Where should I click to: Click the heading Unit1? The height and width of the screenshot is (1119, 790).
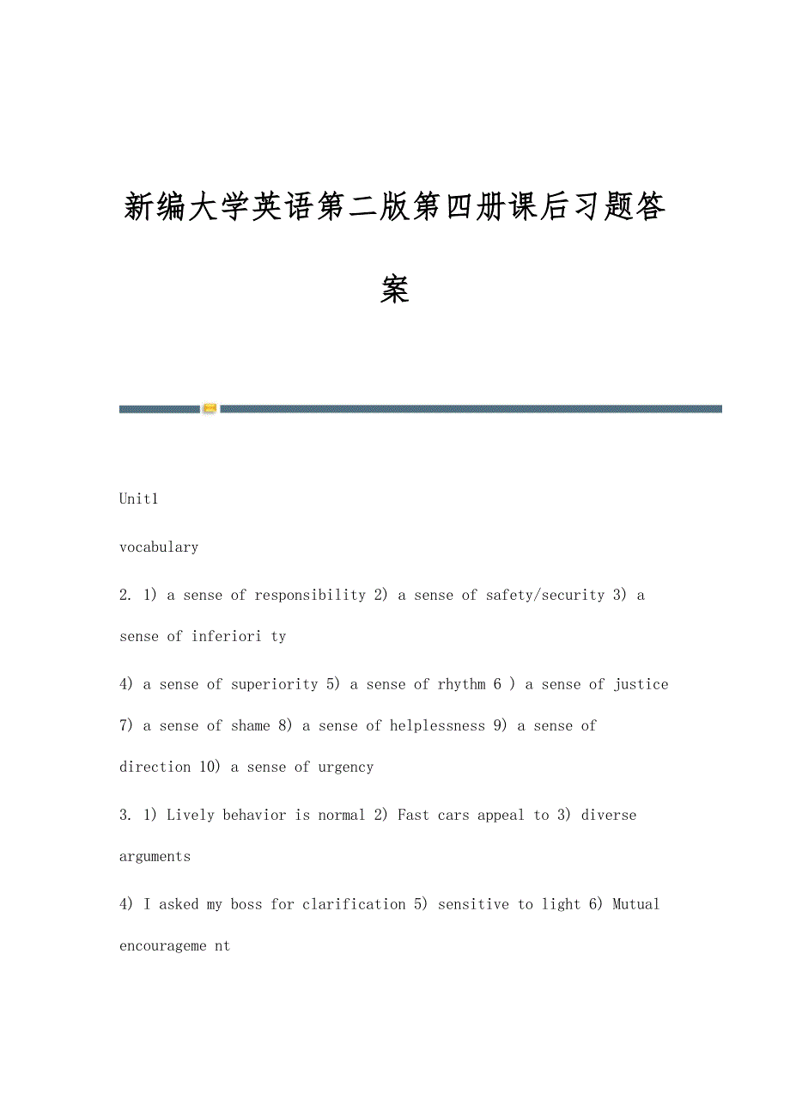click(x=139, y=498)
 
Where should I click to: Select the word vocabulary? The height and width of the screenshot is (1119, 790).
click(x=159, y=547)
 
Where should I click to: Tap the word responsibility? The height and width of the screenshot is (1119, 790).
click(x=310, y=595)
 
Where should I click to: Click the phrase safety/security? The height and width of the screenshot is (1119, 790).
click(x=545, y=595)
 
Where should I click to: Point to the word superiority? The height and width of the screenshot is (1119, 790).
click(x=275, y=684)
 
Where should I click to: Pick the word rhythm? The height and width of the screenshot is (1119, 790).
click(x=462, y=684)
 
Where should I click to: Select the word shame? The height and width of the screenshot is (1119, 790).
click(x=251, y=725)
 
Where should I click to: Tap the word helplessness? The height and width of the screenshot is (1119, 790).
click(x=437, y=725)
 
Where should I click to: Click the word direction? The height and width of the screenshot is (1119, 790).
click(x=155, y=767)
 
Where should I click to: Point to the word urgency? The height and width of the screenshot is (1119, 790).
click(x=346, y=767)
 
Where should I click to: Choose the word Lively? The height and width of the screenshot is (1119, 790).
click(x=191, y=815)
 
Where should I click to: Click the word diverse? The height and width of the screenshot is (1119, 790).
click(x=609, y=815)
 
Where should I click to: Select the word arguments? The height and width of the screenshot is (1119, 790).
click(x=155, y=856)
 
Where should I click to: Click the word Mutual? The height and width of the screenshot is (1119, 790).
click(x=636, y=904)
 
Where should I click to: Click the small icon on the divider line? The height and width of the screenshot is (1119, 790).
click(x=210, y=409)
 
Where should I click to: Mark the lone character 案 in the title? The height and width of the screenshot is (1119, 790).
click(x=395, y=290)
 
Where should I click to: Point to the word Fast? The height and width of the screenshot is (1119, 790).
click(x=414, y=815)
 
